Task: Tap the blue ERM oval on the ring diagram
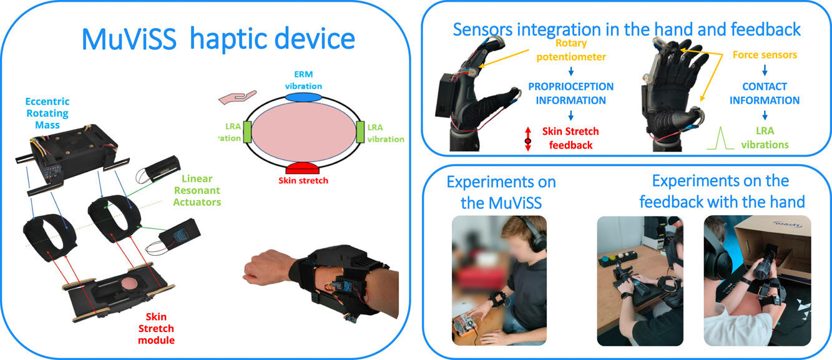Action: point(303,97)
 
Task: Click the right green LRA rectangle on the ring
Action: point(360,132)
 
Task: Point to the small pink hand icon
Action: point(237,97)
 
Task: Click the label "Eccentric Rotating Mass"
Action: point(47,113)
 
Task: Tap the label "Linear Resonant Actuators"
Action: point(197,190)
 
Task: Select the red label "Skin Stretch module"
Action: point(156,328)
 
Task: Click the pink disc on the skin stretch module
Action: point(129,285)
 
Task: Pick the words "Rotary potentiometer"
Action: point(571,50)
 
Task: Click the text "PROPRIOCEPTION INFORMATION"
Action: point(571,94)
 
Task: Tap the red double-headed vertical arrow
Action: point(528,139)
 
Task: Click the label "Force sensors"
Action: point(765,55)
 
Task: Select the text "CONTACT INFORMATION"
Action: point(765,94)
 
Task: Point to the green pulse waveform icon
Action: point(720,138)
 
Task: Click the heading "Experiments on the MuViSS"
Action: point(501,192)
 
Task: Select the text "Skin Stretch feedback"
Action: point(570,138)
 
